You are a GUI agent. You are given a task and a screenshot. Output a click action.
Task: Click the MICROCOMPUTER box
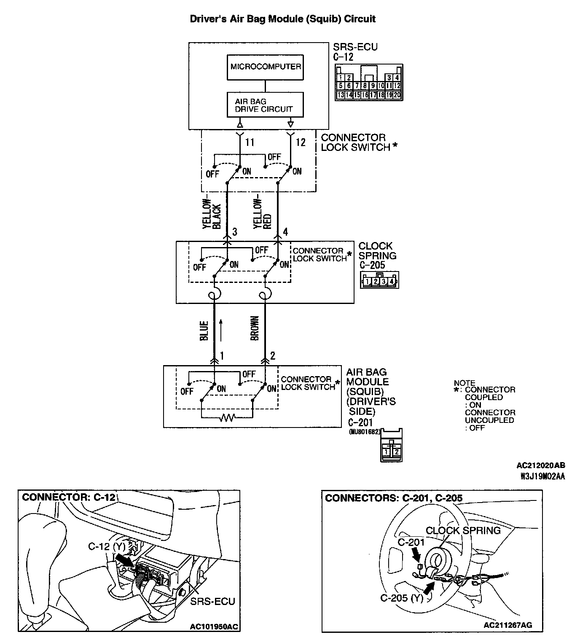click(265, 67)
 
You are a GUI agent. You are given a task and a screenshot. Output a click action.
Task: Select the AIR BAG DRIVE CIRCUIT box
click(265, 105)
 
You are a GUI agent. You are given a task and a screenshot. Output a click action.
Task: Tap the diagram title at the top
click(282, 19)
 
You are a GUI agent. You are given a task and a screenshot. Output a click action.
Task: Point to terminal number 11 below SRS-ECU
click(250, 143)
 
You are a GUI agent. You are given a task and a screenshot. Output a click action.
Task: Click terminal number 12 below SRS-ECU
click(300, 143)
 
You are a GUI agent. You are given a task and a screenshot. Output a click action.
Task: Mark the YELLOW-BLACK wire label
click(212, 213)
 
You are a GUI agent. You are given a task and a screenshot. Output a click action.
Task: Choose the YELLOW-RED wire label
click(262, 213)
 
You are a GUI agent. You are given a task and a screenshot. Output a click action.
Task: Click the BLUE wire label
click(204, 331)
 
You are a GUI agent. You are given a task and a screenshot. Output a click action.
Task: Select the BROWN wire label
click(255, 328)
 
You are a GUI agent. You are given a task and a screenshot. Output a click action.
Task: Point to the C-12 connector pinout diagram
click(369, 83)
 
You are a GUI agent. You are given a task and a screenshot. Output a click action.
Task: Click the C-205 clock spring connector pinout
click(379, 280)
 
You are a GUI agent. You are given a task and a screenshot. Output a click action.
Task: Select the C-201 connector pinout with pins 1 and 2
click(391, 445)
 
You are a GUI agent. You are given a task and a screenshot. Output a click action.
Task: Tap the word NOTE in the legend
click(465, 383)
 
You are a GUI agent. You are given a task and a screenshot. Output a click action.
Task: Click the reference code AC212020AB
click(541, 465)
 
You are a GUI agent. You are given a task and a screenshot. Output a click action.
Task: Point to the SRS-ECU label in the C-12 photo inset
click(212, 601)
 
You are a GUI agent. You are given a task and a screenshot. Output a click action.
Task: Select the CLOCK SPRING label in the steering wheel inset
click(463, 530)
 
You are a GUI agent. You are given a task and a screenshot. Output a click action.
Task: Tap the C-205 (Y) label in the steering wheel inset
click(401, 598)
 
